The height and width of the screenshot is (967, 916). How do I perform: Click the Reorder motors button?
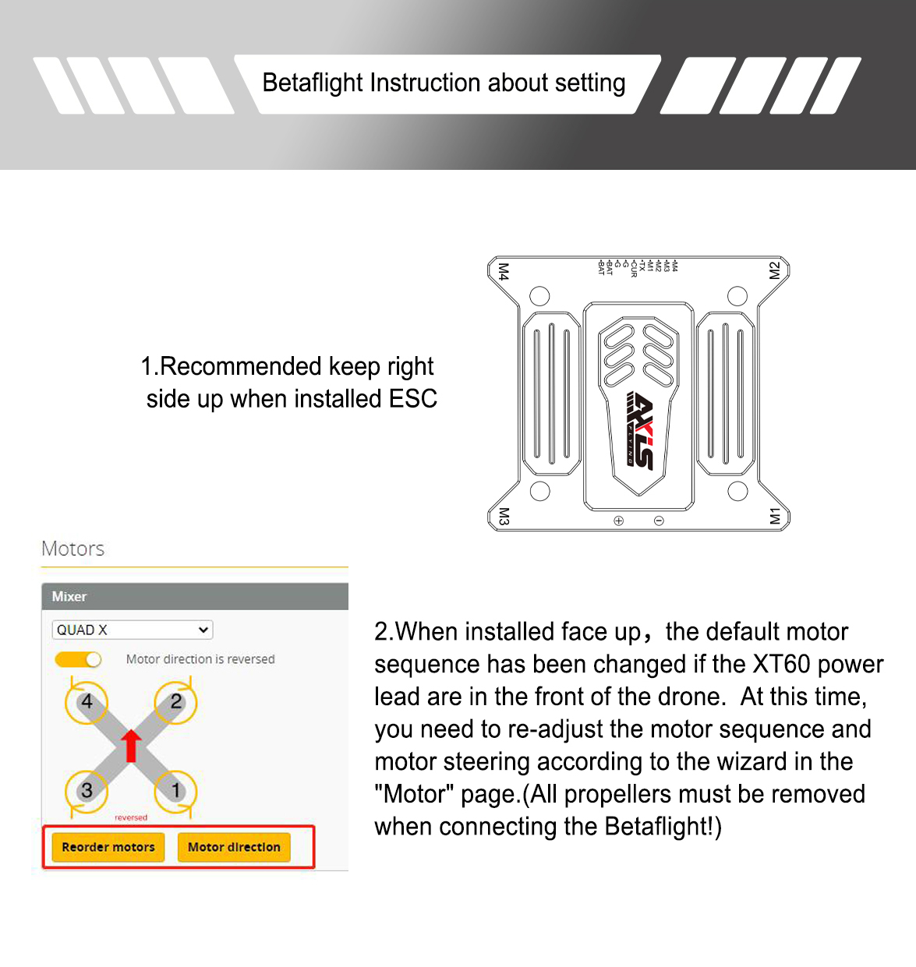108,847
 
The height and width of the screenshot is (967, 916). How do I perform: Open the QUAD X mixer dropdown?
133,630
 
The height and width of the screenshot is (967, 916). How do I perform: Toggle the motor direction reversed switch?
79,660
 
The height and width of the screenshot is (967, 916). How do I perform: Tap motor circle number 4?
87,701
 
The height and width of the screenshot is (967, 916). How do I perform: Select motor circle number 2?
176,701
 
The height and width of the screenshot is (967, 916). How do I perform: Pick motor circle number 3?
87,790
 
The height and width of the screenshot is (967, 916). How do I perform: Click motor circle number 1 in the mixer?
176,790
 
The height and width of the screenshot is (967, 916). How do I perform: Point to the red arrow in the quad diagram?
131,745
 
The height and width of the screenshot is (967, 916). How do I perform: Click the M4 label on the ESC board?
504,272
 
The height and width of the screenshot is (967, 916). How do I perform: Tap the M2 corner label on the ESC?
774,270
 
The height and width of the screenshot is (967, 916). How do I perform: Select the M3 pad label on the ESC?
504,516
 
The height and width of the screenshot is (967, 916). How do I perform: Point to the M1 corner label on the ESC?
774,516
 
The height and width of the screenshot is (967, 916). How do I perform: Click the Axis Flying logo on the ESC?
639,429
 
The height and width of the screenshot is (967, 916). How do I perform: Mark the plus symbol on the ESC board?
618,521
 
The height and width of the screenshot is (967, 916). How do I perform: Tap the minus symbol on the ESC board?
659,521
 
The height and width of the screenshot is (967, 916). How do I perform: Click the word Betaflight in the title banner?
313,83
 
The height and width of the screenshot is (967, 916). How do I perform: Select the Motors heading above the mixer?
73,549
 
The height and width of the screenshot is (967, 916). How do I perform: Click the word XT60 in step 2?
782,664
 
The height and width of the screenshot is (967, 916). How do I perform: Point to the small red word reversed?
131,817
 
